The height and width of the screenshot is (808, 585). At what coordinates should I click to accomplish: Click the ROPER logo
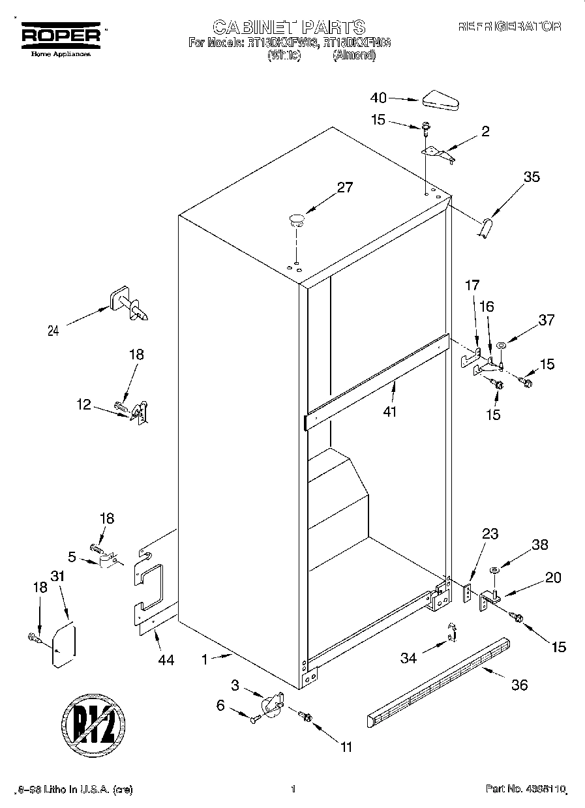click(62, 37)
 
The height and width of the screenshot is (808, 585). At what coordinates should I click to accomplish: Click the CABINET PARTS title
click(289, 27)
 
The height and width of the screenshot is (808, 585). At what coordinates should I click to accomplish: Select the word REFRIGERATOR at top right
click(509, 27)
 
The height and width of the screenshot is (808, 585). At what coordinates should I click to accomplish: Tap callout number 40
click(378, 98)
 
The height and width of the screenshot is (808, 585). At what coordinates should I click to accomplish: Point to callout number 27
click(344, 188)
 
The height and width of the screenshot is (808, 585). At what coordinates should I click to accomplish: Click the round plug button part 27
click(297, 219)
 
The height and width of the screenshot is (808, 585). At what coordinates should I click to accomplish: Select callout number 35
click(532, 176)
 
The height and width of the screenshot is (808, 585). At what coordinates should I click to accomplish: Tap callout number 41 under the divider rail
click(390, 411)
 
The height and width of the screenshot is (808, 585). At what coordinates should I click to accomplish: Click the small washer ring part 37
click(501, 345)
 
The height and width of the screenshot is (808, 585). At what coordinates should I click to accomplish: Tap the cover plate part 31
click(64, 646)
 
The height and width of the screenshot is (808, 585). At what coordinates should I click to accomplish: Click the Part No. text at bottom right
click(525, 790)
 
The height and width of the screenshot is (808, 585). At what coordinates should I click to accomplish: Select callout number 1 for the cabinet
click(204, 660)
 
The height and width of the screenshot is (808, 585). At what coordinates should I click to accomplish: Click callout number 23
click(489, 534)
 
